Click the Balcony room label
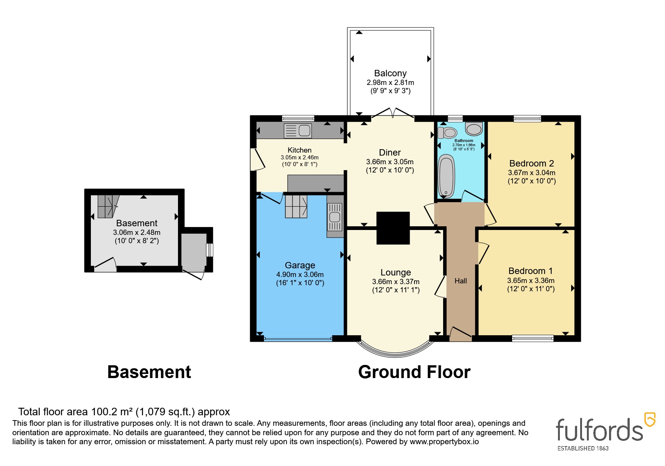click(x=390, y=73)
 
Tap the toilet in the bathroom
click(x=448, y=132)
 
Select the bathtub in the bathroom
click(x=446, y=177)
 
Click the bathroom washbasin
click(x=474, y=129)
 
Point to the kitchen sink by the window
click(x=297, y=130)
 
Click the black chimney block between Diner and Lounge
click(x=393, y=228)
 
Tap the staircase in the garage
click(x=296, y=206)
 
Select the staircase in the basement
click(x=108, y=206)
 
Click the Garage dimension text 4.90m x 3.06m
click(x=300, y=275)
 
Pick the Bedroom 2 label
click(x=531, y=163)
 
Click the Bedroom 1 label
click(x=530, y=271)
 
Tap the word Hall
click(x=461, y=281)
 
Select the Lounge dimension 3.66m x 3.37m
click(x=396, y=282)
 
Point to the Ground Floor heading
click(x=414, y=372)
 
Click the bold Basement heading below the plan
click(x=149, y=372)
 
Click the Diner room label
click(x=390, y=153)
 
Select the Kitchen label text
click(x=299, y=150)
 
